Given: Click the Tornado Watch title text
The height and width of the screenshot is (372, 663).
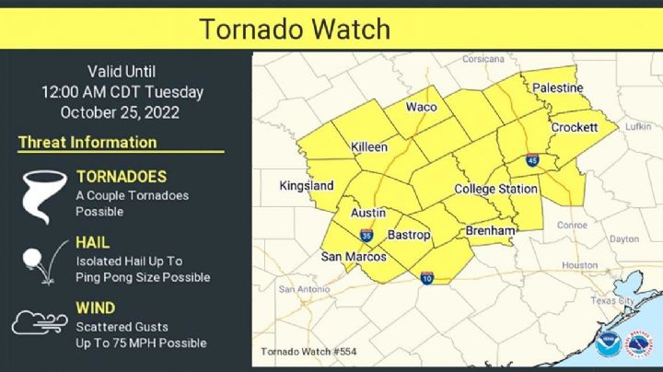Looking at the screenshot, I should [296, 29].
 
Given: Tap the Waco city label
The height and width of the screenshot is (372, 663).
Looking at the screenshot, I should [422, 107].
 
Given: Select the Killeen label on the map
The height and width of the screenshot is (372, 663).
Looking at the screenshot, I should [369, 147].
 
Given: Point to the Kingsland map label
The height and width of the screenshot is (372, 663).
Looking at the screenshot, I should [307, 186].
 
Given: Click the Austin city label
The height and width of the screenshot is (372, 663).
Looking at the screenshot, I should [368, 212].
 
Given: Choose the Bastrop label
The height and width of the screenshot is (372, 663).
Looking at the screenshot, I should [409, 235].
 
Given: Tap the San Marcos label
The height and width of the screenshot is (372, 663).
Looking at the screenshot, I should [354, 257].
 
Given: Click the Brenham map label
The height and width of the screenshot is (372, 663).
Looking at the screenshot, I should [489, 230].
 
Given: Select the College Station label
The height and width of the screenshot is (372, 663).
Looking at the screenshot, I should [496, 189].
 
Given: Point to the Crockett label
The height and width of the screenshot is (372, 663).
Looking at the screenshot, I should [575, 127].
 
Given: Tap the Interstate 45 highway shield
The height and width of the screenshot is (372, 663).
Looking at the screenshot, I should [533, 160].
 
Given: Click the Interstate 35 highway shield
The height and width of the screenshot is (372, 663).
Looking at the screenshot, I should [367, 235].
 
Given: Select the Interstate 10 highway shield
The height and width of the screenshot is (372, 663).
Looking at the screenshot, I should [428, 278].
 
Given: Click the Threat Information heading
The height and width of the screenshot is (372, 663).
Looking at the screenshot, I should [87, 143].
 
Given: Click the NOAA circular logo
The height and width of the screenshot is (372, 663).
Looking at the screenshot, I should [607, 344].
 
